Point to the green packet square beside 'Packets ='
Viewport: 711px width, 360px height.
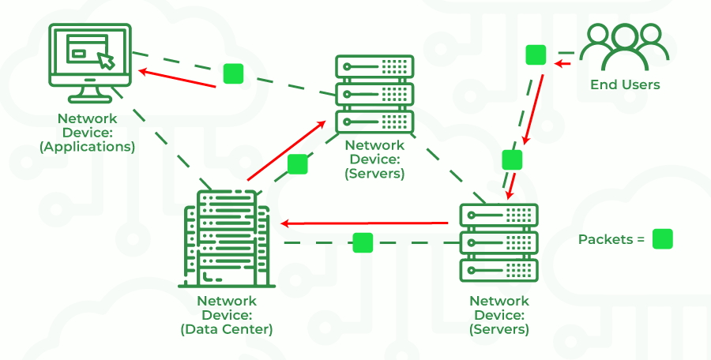(663, 239)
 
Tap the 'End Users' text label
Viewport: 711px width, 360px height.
(624, 84)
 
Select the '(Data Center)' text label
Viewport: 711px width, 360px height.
(226, 329)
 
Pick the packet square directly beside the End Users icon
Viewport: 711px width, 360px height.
(536, 55)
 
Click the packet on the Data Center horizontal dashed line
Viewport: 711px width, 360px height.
(363, 242)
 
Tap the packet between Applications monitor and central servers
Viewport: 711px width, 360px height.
(233, 73)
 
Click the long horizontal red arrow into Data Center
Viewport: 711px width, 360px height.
(367, 223)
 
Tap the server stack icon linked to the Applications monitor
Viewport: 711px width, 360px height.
(374, 93)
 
